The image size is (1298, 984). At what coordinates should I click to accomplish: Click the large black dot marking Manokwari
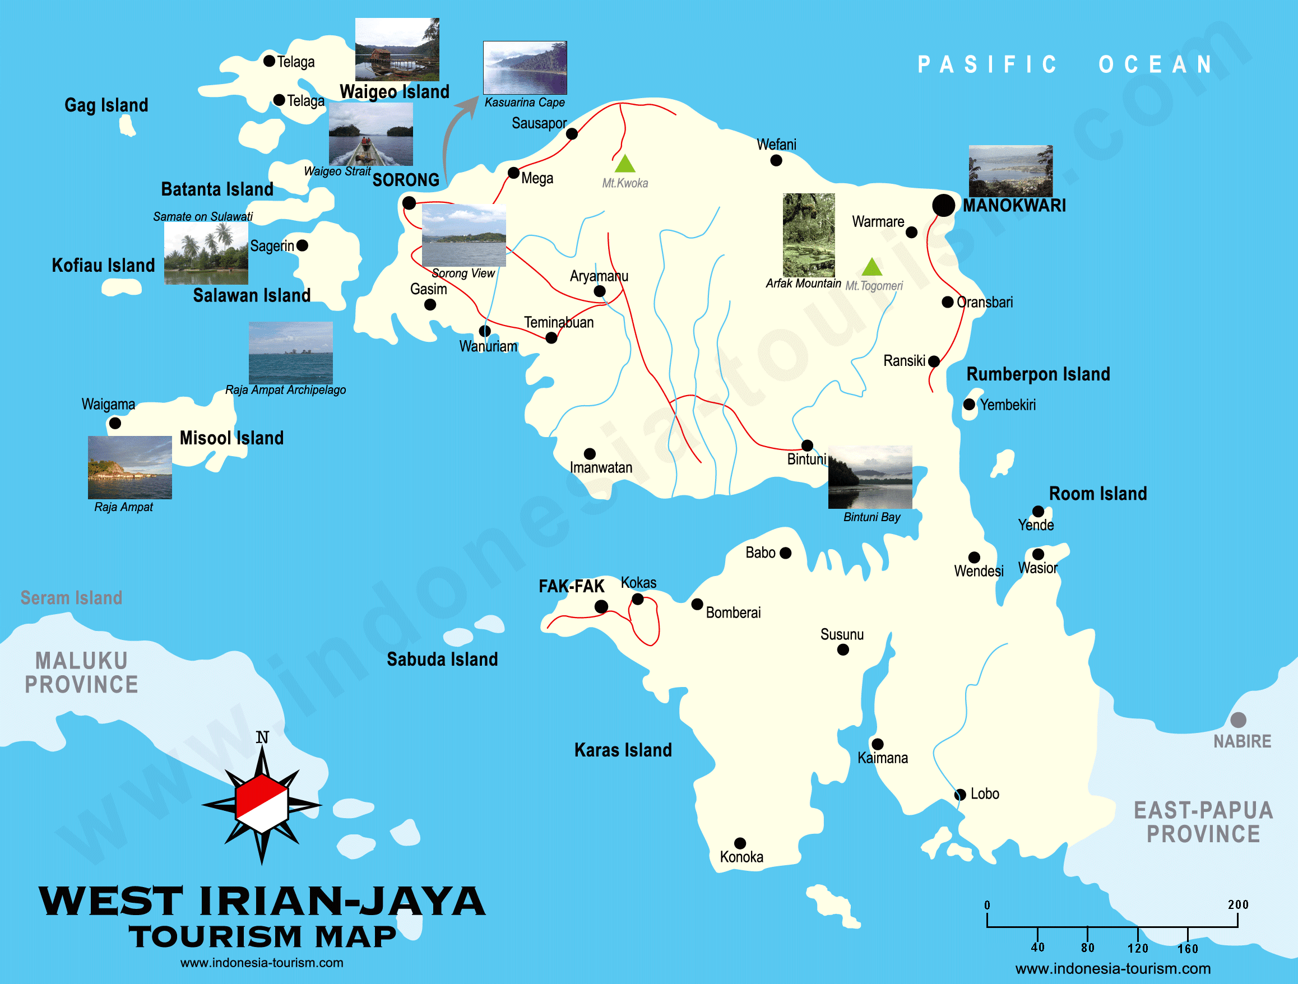tap(943, 205)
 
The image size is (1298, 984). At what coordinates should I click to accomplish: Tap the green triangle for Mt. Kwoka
tap(624, 164)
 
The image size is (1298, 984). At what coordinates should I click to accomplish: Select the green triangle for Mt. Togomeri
tap(871, 267)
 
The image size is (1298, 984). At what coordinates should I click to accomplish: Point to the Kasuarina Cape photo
tap(525, 67)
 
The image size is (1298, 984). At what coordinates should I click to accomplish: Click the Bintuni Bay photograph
tap(870, 477)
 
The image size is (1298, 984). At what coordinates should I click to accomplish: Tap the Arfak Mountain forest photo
tap(808, 235)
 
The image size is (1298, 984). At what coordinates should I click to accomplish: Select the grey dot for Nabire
tap(1238, 720)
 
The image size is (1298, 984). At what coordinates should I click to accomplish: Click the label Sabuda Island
tap(442, 659)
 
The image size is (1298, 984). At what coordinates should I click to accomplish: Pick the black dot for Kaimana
tap(877, 744)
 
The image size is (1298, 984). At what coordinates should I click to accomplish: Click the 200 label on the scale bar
tap(1237, 904)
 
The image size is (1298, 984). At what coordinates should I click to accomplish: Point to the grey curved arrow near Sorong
tap(455, 135)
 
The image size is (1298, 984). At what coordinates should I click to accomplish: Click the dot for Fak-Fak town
tap(601, 607)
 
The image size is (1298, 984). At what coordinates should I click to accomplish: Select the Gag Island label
tap(106, 105)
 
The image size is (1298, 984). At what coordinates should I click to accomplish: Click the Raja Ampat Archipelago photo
tap(290, 352)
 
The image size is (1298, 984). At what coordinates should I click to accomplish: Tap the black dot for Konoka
tap(740, 843)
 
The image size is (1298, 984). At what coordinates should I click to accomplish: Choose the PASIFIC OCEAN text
tap(1065, 64)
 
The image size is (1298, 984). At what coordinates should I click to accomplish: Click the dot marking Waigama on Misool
tap(115, 423)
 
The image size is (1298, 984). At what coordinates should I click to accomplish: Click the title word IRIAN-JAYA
tap(341, 901)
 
